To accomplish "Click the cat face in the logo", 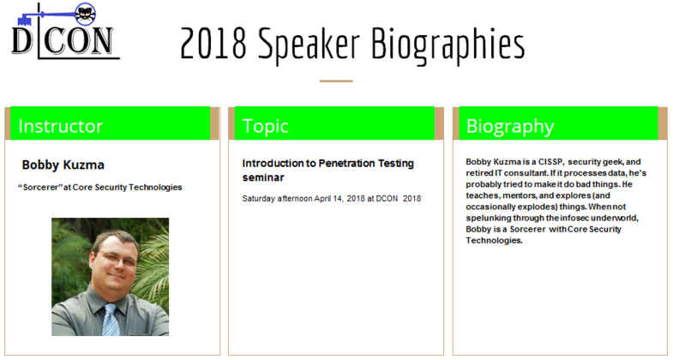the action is coord(86,14).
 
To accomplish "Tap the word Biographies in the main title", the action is coord(448,45).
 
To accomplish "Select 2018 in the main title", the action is coord(213,44).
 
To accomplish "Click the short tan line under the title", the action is coord(336,81).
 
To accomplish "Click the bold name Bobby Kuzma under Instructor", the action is coord(63,165).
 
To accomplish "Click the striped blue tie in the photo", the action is coord(111,320).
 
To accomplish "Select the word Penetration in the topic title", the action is coord(347,164).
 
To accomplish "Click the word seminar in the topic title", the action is coord(263,177).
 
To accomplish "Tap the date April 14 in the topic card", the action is coord(328,199).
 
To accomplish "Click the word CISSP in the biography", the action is coord(550,162).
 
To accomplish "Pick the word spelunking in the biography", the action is coord(489,219).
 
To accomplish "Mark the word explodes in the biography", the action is coord(538,207).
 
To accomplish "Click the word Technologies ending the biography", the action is coord(494,241).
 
